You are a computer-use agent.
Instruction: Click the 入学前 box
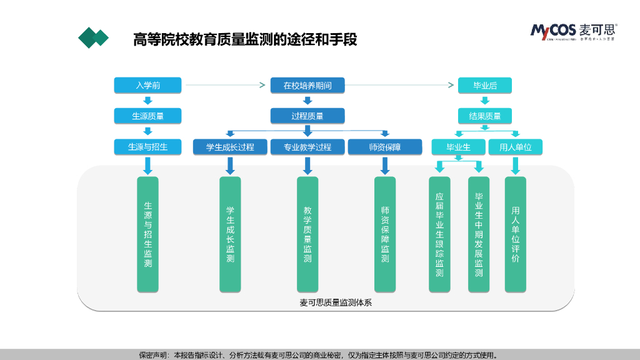click(x=147, y=85)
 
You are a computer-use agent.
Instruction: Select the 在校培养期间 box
click(x=307, y=85)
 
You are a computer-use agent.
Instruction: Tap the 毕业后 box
click(x=484, y=85)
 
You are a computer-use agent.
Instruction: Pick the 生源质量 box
click(x=147, y=116)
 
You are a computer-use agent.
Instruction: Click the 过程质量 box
click(x=307, y=116)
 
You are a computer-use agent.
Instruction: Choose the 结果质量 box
click(x=484, y=116)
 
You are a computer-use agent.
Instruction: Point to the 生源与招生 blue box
click(x=147, y=147)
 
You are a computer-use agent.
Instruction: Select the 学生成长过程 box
click(x=230, y=147)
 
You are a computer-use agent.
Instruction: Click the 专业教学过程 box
click(x=307, y=147)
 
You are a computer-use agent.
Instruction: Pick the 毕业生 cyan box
click(x=458, y=147)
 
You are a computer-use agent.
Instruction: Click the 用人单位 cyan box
click(x=515, y=147)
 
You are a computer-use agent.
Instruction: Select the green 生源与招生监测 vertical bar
click(x=147, y=234)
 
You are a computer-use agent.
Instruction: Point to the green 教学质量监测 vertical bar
click(x=307, y=234)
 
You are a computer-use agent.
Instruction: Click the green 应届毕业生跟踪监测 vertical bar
click(x=439, y=234)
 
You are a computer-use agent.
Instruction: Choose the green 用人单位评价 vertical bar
click(x=515, y=234)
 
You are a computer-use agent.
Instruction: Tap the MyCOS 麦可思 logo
click(x=573, y=31)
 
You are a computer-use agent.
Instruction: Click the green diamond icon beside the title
click(x=93, y=38)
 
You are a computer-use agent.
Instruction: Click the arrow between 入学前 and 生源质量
click(x=147, y=100)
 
